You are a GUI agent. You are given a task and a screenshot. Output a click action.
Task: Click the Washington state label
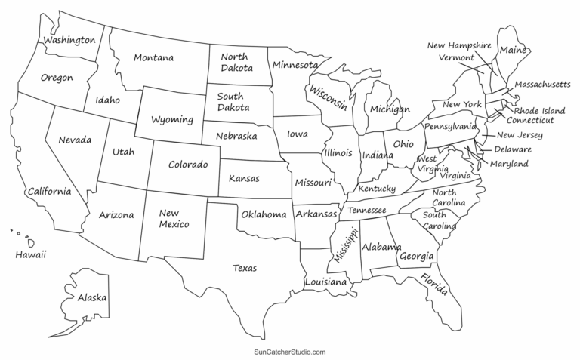tap(69, 39)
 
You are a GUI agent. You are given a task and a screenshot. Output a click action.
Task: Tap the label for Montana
tap(153, 57)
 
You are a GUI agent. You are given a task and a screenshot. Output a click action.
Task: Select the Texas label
tap(244, 268)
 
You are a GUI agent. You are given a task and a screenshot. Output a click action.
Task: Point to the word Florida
tap(434, 285)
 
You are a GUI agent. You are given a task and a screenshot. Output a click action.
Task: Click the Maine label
tap(512, 50)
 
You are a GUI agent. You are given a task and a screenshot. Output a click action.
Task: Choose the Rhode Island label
tap(539, 110)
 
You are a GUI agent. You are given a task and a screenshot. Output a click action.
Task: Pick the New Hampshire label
tap(459, 45)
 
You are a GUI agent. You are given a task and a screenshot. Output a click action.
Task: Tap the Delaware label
tap(513, 149)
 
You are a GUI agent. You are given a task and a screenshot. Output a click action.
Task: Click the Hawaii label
tap(31, 256)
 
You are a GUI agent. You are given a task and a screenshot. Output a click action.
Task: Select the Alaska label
tap(91, 298)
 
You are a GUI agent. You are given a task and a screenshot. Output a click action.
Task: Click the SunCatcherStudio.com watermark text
tap(289, 352)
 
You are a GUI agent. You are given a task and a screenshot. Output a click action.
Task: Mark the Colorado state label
tap(188, 165)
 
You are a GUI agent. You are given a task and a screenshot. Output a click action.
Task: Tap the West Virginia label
tap(427, 165)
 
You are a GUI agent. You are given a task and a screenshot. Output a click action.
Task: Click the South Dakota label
tap(233, 102)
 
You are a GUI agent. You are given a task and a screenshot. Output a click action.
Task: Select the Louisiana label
tap(325, 282)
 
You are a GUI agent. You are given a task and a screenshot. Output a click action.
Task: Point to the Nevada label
tap(74, 140)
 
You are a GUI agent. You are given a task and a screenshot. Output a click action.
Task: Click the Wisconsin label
tap(327, 97)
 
